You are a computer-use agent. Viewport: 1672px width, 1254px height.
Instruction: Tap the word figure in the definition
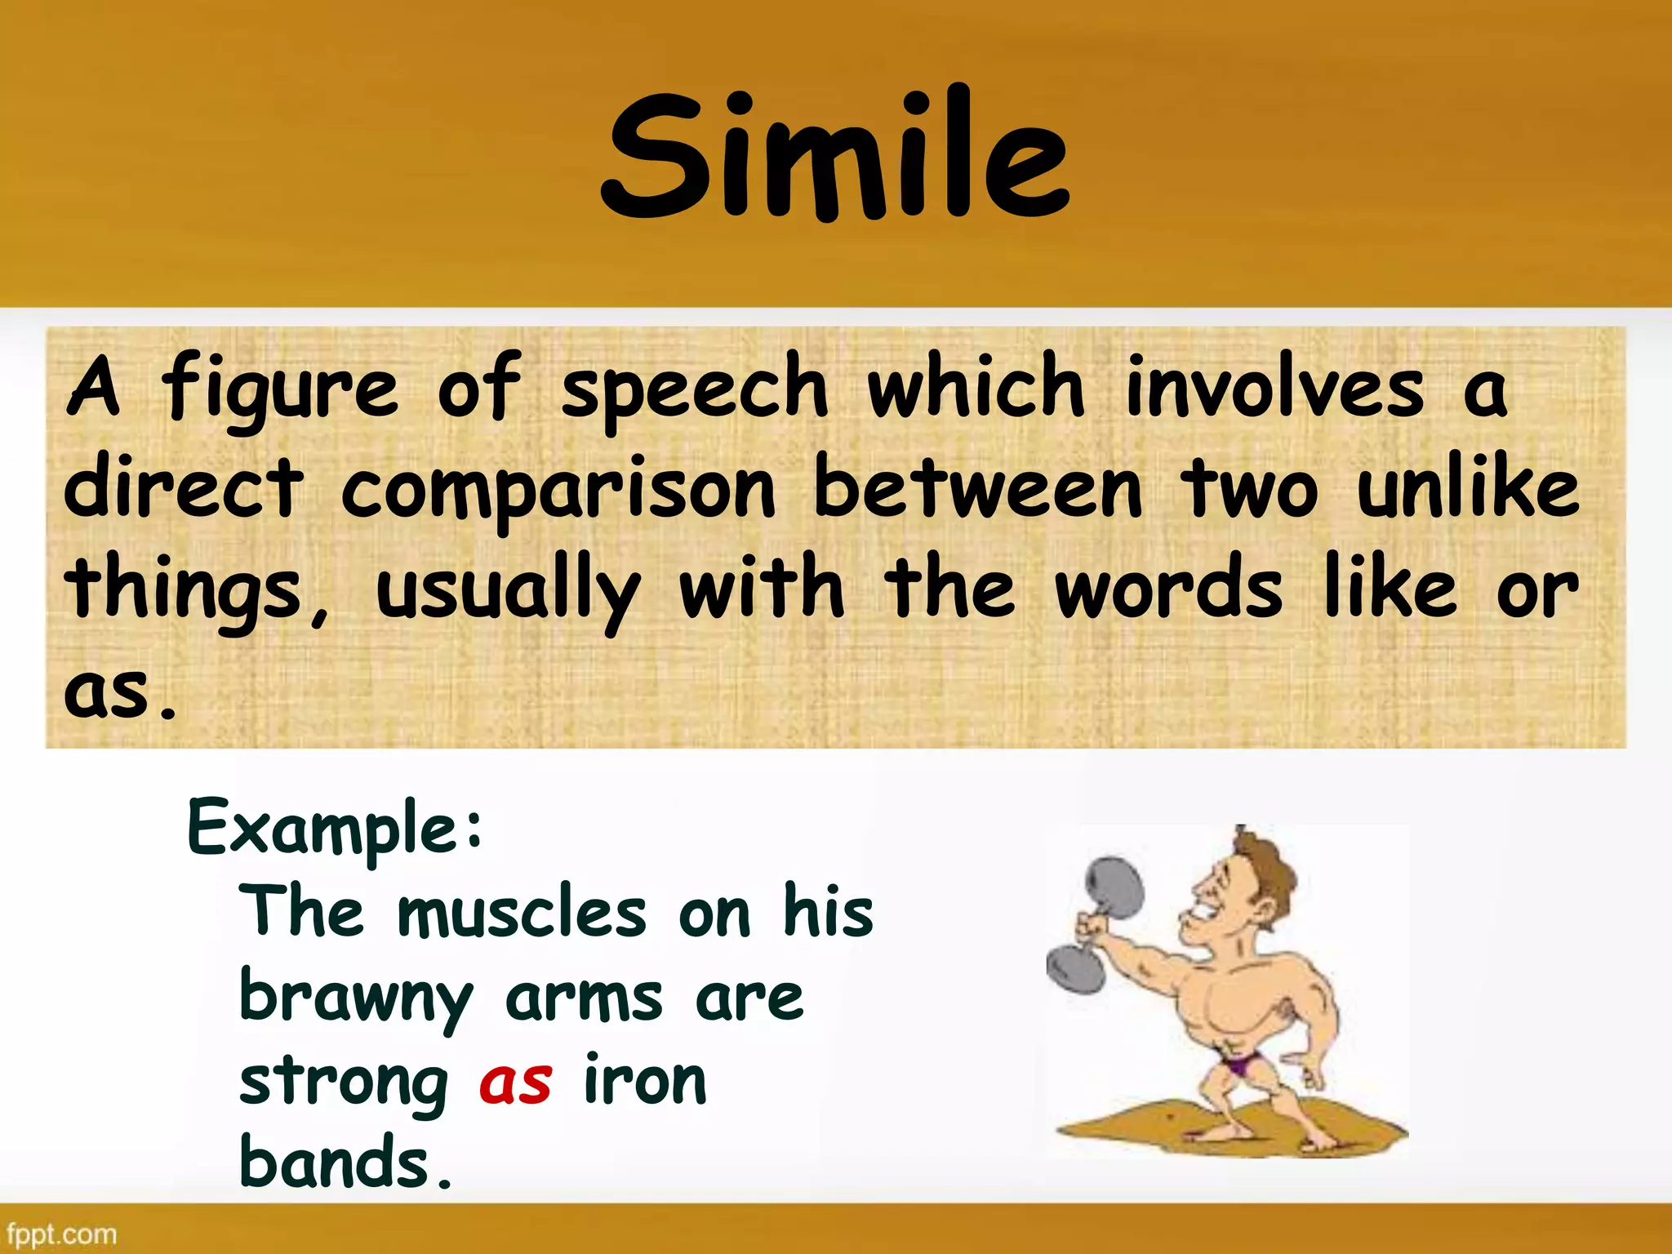point(280,389)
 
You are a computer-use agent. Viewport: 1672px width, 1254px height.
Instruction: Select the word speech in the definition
point(695,389)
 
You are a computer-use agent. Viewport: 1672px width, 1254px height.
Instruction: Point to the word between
point(978,488)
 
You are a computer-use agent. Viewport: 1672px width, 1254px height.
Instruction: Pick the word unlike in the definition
point(1468,488)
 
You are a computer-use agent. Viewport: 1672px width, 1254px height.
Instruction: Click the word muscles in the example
point(522,913)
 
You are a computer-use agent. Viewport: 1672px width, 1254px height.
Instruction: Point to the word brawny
point(356,999)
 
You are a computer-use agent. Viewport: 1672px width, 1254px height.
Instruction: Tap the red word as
point(515,1083)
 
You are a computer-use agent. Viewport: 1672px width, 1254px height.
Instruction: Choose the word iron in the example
point(645,1081)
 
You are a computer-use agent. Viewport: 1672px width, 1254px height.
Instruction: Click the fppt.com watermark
point(61,1233)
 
